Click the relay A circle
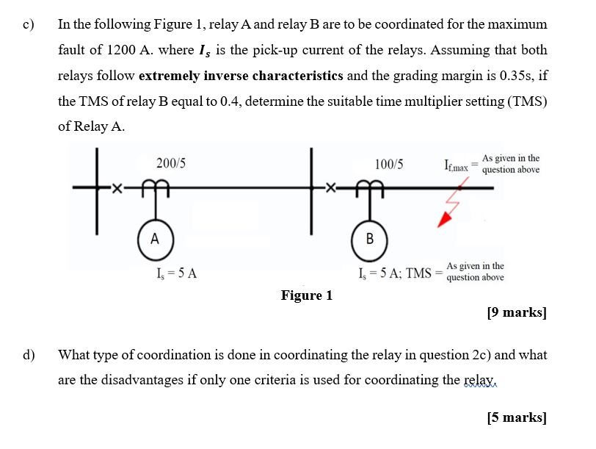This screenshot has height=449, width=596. click(x=154, y=238)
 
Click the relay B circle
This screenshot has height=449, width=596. click(x=369, y=238)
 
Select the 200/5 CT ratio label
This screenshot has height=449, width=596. click(x=170, y=163)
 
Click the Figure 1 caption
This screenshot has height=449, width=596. click(x=306, y=295)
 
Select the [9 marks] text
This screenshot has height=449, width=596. click(x=517, y=312)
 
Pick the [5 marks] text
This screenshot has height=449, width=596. click(x=517, y=417)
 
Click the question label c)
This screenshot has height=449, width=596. click(x=29, y=24)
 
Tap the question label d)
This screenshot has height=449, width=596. click(x=29, y=355)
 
